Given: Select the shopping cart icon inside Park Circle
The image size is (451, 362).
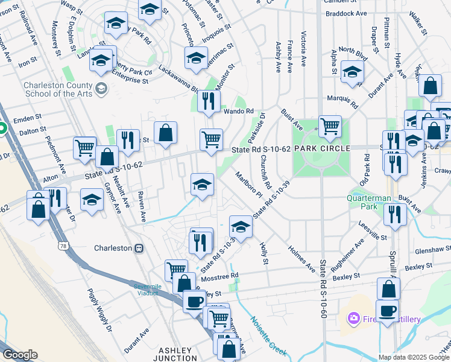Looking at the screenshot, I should coord(330,126).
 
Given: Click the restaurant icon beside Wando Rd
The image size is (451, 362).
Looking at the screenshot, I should coord(209,101).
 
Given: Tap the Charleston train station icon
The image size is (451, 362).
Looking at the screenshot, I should coord(139,248).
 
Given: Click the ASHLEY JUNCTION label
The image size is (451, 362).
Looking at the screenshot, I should coord(175,354).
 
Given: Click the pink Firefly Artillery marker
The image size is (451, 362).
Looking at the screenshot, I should coord(353,317).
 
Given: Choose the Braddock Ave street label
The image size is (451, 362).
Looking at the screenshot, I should coord(345,13).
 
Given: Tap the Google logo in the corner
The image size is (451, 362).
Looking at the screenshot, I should coord(20,355).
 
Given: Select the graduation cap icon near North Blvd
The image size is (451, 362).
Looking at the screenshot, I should coord(352,72).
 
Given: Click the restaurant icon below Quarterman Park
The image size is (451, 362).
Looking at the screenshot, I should coord(395,215).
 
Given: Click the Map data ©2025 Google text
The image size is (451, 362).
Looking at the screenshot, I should coord(413,357).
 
